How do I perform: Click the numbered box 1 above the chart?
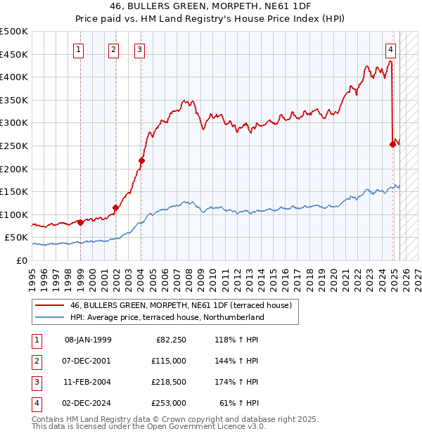pos(77,49)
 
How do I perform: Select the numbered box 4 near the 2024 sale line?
pos(390,49)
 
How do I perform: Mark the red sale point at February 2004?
pos(141,160)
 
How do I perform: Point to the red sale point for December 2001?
pos(115,207)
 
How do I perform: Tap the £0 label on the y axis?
pos(22,260)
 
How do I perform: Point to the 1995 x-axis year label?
pos(32,276)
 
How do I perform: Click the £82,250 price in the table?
pos(171,340)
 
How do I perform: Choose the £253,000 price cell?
pos(169,403)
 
